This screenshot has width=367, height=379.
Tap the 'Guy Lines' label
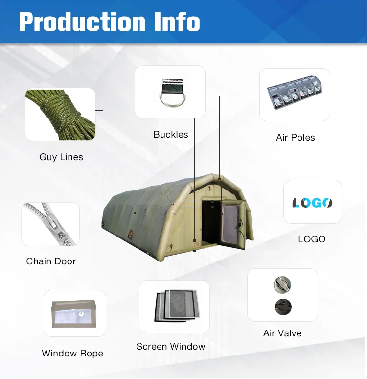[x=61, y=157]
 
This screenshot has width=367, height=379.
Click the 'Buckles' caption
[x=171, y=135]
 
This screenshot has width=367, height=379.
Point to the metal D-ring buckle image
[x=170, y=92]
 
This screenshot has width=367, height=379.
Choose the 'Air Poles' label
[x=296, y=138]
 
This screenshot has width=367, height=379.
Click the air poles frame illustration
[x=295, y=94]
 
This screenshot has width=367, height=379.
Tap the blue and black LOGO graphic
[x=312, y=202]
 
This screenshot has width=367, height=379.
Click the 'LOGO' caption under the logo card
[x=312, y=239]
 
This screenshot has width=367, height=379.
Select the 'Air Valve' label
[x=282, y=333]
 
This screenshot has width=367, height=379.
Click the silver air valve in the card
[x=282, y=284]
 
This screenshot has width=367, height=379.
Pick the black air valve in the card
[x=282, y=307]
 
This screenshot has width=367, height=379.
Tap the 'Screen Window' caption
[x=171, y=347]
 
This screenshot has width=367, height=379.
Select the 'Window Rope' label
[x=72, y=354]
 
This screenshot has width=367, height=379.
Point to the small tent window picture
[x=75, y=313]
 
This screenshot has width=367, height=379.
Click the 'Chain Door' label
[x=51, y=261]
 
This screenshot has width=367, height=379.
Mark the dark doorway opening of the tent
[x=209, y=223]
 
